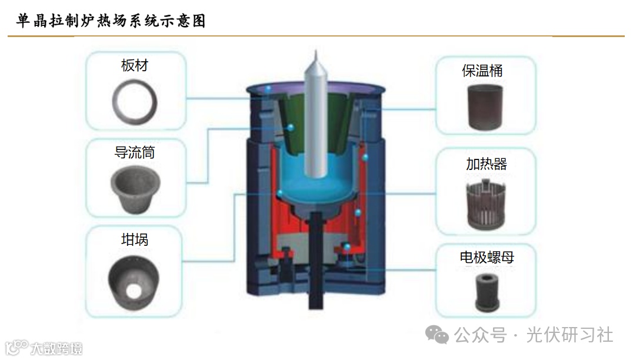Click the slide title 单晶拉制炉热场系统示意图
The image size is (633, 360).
point(112,21)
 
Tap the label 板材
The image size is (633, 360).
point(135,65)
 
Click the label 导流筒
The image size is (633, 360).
point(135,153)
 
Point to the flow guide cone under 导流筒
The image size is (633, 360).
point(134,189)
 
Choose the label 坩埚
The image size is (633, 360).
point(135,239)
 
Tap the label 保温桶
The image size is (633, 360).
point(482,71)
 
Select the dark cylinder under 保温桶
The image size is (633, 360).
point(485,106)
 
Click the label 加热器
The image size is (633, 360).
point(487,164)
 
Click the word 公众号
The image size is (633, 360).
point(480,335)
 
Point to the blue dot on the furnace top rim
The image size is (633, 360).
point(268,88)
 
